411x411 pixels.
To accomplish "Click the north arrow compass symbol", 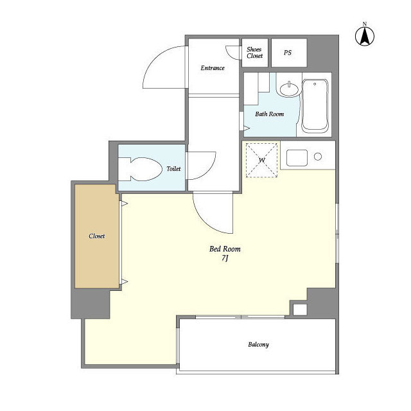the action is click(365, 36).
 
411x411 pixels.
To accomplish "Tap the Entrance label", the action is click(213, 68).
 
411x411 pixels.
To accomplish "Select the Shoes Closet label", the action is click(254, 53).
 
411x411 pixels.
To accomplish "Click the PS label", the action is click(288, 53).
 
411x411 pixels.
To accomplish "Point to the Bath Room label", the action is click(270, 114).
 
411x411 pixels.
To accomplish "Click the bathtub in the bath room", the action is click(315, 105).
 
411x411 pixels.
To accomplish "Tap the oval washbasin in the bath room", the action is click(289, 89).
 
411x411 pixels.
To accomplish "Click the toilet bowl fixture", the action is click(140, 169).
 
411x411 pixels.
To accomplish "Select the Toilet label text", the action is click(173, 169).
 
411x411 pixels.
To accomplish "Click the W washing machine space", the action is click(261, 160).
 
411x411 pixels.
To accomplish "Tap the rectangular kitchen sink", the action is click(297, 158).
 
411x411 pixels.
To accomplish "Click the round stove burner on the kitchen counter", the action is click(318, 157).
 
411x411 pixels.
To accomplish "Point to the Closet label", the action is click(97, 236).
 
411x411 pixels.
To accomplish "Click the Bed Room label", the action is click(225, 249).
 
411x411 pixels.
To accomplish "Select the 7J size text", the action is click(225, 258).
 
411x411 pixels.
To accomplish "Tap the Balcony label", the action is click(258, 344).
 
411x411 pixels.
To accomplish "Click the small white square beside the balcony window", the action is click(300, 310).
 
